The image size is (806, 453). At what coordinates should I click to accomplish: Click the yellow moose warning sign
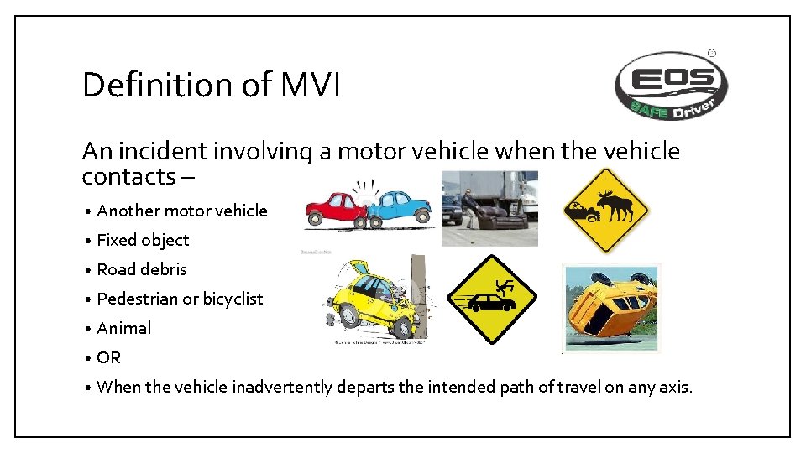[x=604, y=210]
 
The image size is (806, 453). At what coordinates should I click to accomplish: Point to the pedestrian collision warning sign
[x=492, y=299]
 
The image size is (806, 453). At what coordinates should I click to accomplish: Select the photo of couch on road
[x=489, y=208]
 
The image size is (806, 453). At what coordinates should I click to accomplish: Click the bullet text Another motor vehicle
[x=182, y=211]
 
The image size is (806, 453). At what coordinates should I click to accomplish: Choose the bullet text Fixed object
[x=143, y=240]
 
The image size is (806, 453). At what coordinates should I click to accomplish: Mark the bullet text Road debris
[x=142, y=269]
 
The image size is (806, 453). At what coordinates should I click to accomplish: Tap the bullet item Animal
[x=124, y=328]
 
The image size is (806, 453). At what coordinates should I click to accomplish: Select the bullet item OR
[x=109, y=357]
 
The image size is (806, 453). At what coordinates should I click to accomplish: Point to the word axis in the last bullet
[x=674, y=387]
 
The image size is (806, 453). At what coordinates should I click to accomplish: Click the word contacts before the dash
[x=128, y=177]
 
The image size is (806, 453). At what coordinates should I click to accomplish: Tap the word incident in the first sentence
[x=164, y=151]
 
